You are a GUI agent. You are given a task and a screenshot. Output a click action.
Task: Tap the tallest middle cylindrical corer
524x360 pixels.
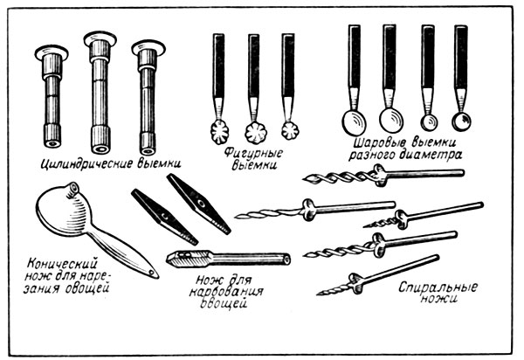point(100,87)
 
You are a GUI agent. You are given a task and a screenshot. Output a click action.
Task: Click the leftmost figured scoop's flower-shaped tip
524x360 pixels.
point(219,134)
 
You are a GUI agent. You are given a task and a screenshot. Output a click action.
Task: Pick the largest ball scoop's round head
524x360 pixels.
point(354,120)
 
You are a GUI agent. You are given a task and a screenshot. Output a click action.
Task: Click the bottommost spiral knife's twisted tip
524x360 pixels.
point(330,288)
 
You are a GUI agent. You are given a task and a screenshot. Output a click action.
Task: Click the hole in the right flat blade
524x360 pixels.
point(200,202)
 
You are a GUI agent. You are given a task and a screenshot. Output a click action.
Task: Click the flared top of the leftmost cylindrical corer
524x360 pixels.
point(50,50)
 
